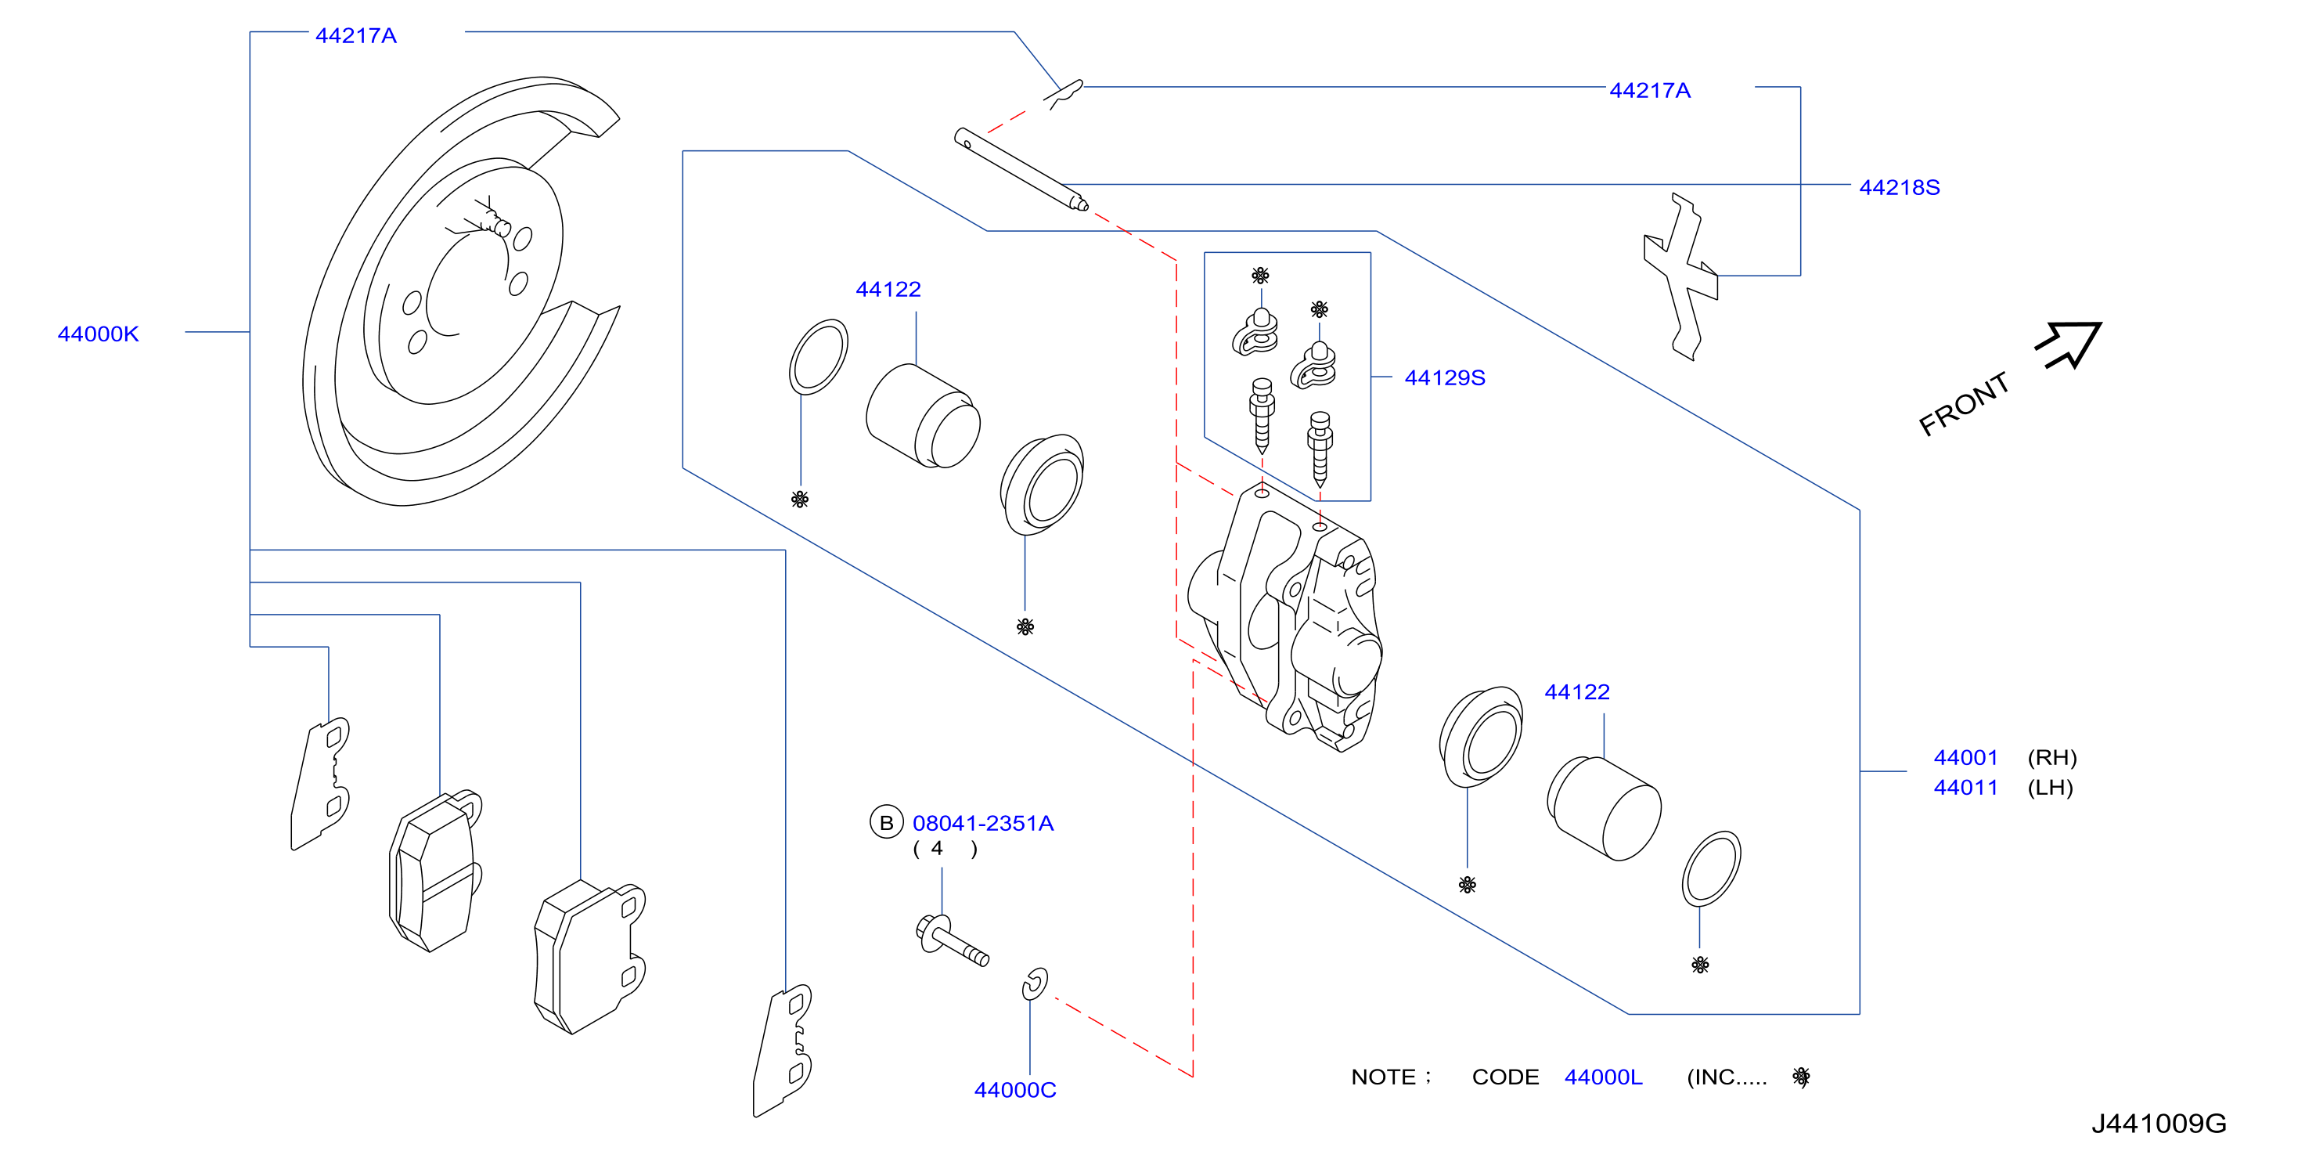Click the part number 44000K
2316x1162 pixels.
pos(98,334)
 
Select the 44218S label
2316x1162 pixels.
pos(1899,187)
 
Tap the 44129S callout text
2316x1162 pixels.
pos(1444,377)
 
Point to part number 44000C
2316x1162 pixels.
pos(1015,1089)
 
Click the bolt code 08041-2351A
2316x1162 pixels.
pos(983,823)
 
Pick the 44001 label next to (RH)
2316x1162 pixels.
pos(1965,757)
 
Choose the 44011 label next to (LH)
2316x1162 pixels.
pos(1965,787)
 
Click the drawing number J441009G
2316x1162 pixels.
pos(2159,1124)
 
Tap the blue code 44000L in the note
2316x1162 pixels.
pos(1603,1077)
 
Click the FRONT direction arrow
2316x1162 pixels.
pos(2069,345)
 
